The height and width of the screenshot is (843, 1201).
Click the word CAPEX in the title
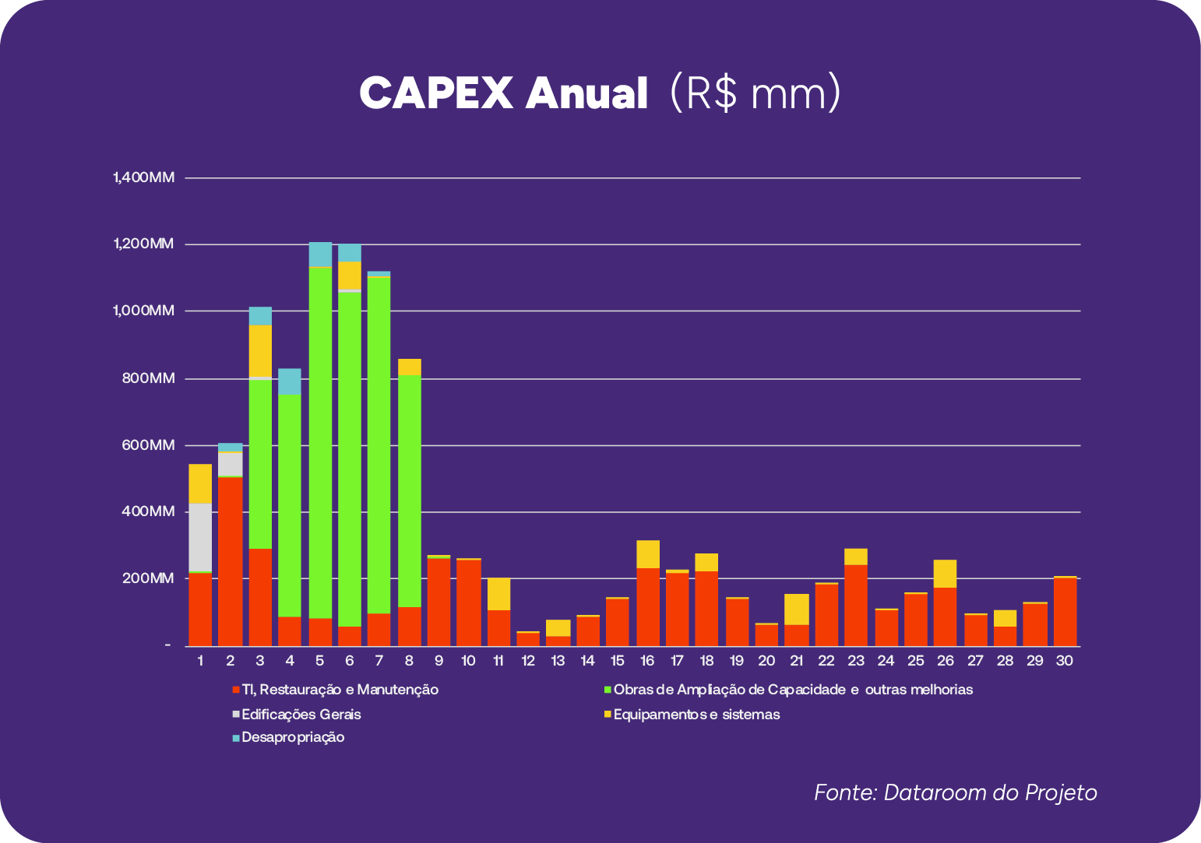tap(436, 94)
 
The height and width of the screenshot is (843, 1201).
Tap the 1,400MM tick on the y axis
tap(144, 177)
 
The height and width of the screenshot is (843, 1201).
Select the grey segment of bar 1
tap(200, 537)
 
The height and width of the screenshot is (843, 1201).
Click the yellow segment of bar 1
tap(200, 483)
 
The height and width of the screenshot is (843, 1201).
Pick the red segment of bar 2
tap(230, 560)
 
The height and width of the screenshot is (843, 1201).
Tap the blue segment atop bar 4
tap(290, 381)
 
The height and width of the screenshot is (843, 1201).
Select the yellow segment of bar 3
tap(260, 350)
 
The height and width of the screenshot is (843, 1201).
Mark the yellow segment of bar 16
tap(648, 553)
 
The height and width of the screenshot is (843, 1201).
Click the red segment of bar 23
tap(856, 605)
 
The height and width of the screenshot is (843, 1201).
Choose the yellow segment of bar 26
tap(945, 573)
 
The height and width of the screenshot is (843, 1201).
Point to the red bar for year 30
tap(1065, 611)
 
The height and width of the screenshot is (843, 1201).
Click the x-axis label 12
tap(528, 661)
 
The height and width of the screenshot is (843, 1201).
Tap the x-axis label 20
tap(766, 661)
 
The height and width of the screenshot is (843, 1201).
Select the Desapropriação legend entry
tap(292, 737)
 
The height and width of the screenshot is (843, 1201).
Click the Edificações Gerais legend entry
tap(301, 714)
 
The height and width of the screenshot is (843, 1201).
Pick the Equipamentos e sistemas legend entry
tap(696, 714)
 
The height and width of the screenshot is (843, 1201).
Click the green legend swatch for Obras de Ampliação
tap(608, 690)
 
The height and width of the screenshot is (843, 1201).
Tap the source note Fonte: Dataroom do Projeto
tap(956, 792)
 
